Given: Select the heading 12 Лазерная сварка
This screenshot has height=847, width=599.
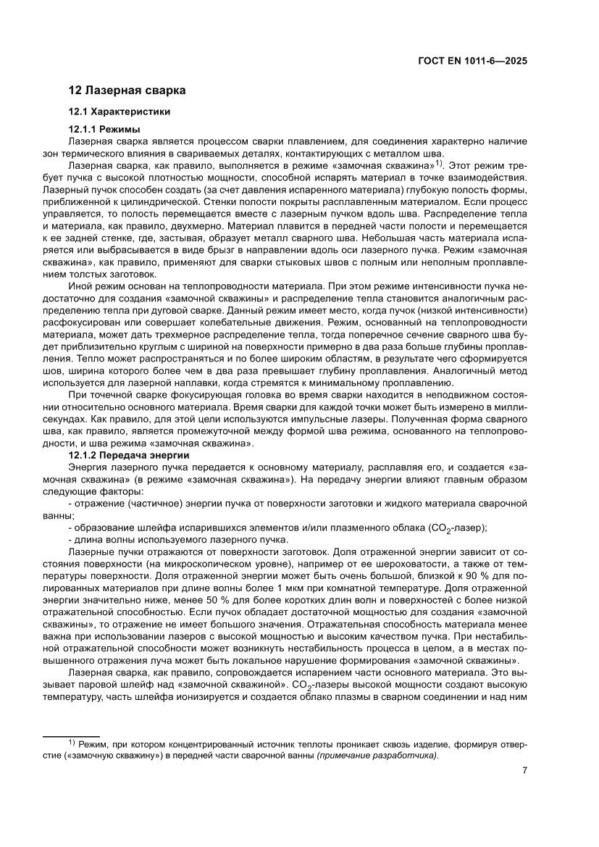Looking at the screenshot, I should [127, 91].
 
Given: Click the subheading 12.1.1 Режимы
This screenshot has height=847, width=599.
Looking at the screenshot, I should [104, 129].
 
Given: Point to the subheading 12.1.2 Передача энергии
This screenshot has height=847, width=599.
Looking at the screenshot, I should [129, 454].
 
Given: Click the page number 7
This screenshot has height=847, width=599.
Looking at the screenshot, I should [524, 770].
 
